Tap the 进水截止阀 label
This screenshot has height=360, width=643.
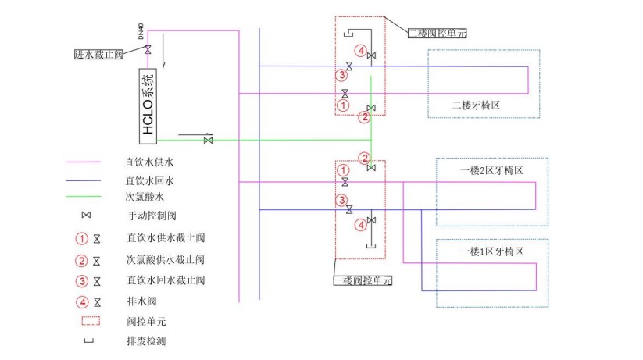[x=99, y=54]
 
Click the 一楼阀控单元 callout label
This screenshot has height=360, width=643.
[x=363, y=280]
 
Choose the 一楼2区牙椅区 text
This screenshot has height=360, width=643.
[x=491, y=169]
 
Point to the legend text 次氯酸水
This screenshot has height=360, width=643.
[x=144, y=197]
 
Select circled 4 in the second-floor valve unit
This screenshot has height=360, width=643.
[x=360, y=50]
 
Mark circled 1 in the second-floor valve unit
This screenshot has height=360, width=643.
[x=341, y=104]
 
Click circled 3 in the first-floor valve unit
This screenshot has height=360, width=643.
[x=341, y=200]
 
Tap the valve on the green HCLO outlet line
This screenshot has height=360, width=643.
[x=209, y=140]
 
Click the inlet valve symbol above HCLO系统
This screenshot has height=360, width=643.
[x=148, y=50]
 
